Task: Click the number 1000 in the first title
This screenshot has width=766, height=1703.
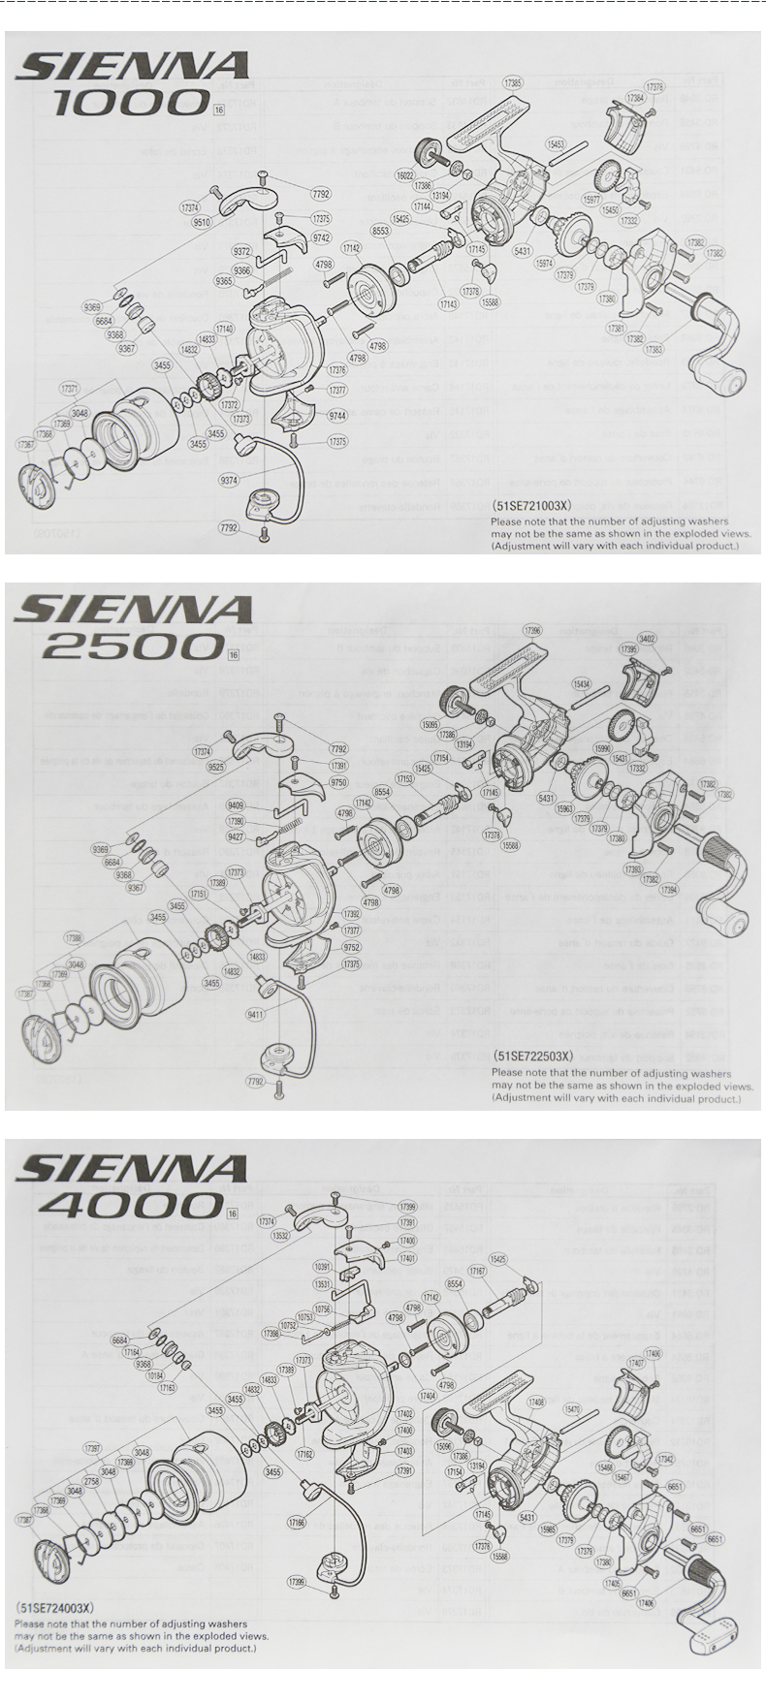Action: [132, 103]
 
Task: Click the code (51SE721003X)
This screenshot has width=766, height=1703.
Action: [532, 506]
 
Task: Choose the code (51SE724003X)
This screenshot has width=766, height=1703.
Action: [54, 1607]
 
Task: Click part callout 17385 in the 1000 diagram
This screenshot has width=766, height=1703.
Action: [514, 82]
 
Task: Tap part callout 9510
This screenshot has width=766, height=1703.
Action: [202, 222]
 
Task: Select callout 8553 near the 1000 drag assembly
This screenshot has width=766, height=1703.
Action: [380, 232]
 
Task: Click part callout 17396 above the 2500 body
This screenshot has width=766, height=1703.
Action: [532, 630]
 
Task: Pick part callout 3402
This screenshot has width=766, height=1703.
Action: [648, 639]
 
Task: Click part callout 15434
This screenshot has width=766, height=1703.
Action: [582, 683]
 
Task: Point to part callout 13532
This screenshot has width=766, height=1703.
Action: [280, 1236]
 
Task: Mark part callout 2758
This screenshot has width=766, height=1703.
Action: [91, 1481]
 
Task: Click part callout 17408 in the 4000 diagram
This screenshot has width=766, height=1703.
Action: [535, 1403]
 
